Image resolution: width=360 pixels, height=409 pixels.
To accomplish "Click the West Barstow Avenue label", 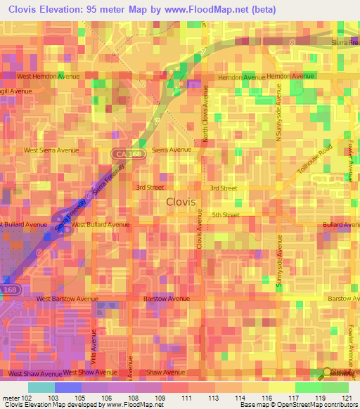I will pos(64,299).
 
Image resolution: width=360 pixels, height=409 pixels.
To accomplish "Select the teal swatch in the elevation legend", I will pos(41,387).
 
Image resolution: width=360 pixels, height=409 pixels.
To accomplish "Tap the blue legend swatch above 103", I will pos(67,387).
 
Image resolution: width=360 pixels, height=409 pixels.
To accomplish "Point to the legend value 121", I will pos(346,397).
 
